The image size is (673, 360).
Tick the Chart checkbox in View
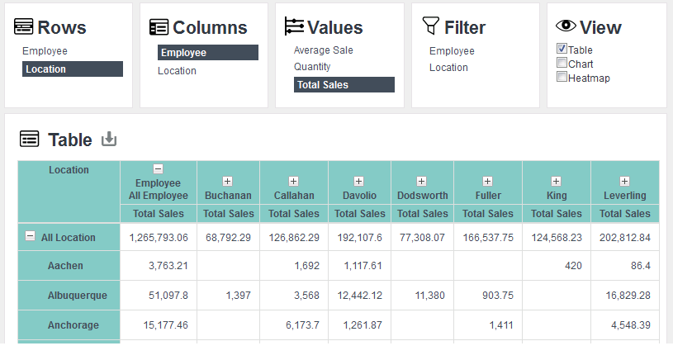[x=562, y=63]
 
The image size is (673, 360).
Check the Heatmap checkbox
[x=562, y=77]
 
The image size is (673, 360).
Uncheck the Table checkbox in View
[x=562, y=49]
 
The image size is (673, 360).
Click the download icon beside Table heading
[x=109, y=139]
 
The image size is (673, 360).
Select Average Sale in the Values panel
[x=323, y=50]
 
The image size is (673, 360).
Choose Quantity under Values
[x=312, y=67]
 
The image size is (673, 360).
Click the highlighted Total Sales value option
[x=344, y=84]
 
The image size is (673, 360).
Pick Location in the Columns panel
[x=177, y=71]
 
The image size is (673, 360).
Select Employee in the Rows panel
[x=45, y=51]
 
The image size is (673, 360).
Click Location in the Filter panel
[x=448, y=68]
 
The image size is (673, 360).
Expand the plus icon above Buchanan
[x=227, y=181]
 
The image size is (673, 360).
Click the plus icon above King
[x=556, y=181]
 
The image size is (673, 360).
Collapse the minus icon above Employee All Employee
[x=158, y=168]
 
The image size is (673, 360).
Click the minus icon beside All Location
[x=30, y=236]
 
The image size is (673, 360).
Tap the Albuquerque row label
[x=78, y=296]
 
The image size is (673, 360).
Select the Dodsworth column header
[x=422, y=196]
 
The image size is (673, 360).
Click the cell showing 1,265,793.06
[x=159, y=237]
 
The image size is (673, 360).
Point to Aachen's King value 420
[x=573, y=266]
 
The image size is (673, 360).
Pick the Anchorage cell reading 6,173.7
[x=302, y=325]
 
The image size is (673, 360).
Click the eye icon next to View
[x=566, y=26]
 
